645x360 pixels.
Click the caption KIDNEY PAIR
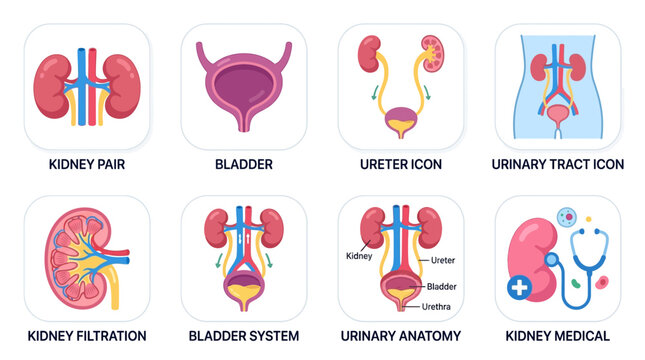[86, 163]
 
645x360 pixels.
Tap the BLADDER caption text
[244, 163]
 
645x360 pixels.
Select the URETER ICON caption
[400, 163]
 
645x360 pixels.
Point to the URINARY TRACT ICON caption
[558, 163]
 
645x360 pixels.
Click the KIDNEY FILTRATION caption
[86, 336]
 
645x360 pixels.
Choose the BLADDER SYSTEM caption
[244, 336]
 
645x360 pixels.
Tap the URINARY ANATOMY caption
[400, 336]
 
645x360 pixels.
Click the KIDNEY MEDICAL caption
[558, 336]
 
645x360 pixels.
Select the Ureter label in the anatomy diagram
[443, 260]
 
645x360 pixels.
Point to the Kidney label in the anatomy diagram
[359, 256]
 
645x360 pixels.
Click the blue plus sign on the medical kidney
[519, 288]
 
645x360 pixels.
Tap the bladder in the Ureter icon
[400, 121]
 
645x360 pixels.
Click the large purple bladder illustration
[244, 85]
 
